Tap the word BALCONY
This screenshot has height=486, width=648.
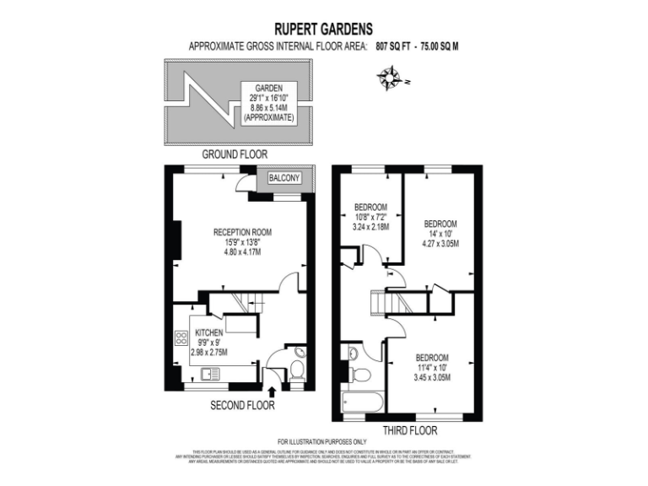286,178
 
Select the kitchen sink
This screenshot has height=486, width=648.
209,373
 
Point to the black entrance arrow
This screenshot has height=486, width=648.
272,391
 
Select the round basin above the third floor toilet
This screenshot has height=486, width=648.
354,354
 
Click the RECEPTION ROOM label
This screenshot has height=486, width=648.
242,232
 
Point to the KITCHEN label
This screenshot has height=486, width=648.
208,332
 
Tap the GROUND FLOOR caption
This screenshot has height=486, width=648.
235,154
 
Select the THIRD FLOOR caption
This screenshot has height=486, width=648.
408,430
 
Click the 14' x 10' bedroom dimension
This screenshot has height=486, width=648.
440,235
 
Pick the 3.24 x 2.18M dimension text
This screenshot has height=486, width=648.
370,227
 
